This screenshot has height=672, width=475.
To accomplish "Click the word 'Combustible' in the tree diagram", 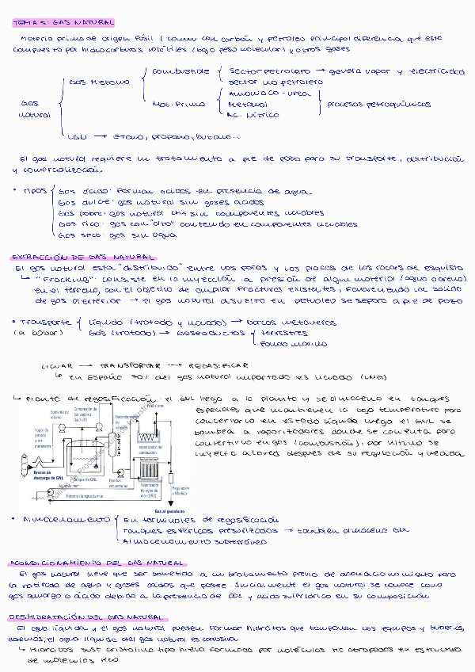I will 175,71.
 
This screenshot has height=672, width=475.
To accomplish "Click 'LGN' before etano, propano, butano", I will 78,136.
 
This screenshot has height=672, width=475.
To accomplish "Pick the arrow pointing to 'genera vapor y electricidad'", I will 317,71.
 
